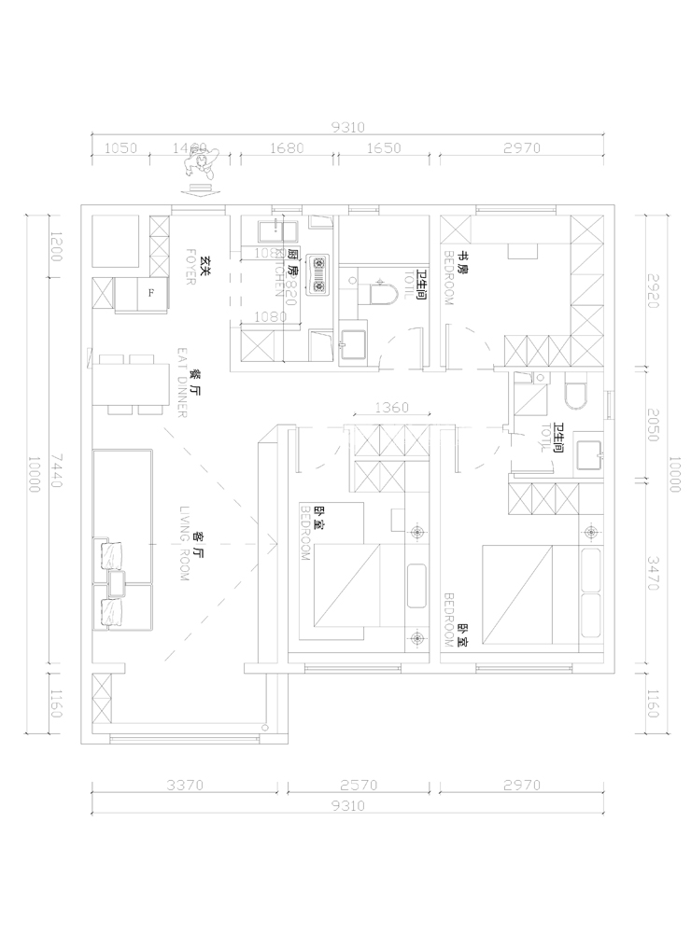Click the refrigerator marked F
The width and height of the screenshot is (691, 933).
(149, 294)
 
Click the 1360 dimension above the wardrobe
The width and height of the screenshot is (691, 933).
(390, 408)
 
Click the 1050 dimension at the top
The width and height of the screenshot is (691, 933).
(120, 147)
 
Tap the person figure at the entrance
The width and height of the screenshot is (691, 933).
(201, 165)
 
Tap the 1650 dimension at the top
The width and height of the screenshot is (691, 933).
(383, 147)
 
